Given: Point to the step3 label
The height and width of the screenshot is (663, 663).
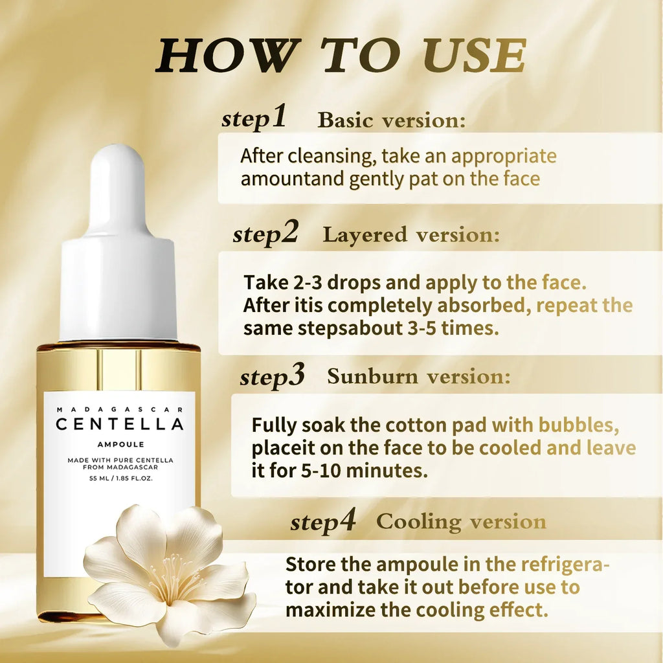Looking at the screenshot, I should pyautogui.click(x=272, y=376).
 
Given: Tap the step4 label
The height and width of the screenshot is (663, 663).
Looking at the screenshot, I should pyautogui.click(x=323, y=521).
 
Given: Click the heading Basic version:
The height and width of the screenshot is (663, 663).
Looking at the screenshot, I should pyautogui.click(x=391, y=120).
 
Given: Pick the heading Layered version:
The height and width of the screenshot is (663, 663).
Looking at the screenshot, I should pyautogui.click(x=411, y=235).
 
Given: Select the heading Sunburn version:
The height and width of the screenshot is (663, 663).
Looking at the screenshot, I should pyautogui.click(x=418, y=377).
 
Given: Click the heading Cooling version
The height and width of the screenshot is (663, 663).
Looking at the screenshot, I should pyautogui.click(x=461, y=522).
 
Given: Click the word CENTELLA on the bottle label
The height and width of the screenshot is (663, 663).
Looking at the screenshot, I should pyautogui.click(x=120, y=425).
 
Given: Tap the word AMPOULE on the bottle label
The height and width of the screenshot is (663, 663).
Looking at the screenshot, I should pyautogui.click(x=120, y=445).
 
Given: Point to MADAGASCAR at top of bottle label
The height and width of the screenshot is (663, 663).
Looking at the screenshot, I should pyautogui.click(x=120, y=409).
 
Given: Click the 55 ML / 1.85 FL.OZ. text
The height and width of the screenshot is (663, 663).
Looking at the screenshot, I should pyautogui.click(x=120, y=479).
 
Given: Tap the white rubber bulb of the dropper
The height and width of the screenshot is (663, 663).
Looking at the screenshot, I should pyautogui.click(x=118, y=188).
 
